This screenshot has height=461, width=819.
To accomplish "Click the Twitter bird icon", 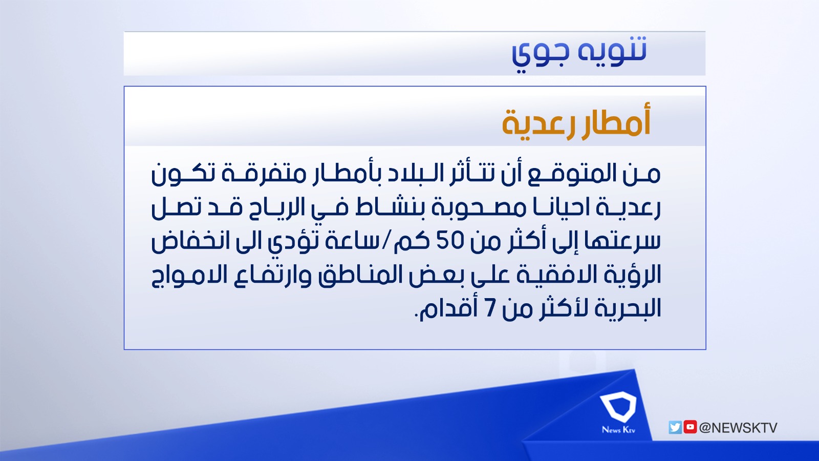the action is tap(675, 427).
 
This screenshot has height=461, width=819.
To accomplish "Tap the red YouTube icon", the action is tap(690, 427).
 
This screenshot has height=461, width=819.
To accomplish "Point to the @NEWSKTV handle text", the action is tap(738, 428).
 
